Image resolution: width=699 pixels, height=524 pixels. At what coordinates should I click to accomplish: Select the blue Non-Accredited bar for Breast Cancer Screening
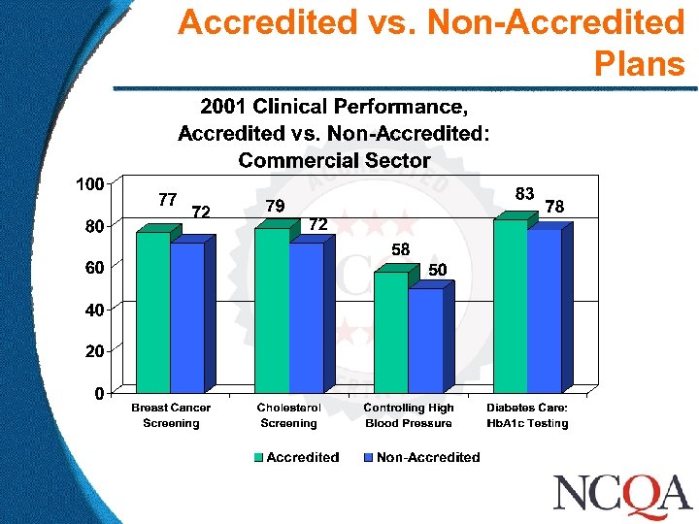tap(186, 317)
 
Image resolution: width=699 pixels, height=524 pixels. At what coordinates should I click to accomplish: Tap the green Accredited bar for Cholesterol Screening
tap(271, 310)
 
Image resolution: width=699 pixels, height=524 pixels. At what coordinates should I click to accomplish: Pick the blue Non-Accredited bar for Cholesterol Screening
tap(306, 317)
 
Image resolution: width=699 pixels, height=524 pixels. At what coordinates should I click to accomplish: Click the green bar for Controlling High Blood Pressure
tap(390, 332)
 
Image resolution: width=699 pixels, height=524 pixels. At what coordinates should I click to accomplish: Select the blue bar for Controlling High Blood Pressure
tap(425, 341)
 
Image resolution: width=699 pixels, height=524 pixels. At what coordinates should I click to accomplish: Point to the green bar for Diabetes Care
tap(510, 306)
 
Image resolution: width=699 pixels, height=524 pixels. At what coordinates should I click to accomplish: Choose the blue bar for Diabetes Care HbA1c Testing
tap(544, 311)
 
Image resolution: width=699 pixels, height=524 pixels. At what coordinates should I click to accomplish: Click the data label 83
tap(524, 194)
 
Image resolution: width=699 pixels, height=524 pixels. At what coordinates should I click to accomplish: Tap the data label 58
tap(401, 250)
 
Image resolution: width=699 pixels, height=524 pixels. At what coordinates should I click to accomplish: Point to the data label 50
tap(438, 270)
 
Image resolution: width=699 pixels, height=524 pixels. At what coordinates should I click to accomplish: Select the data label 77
tap(167, 200)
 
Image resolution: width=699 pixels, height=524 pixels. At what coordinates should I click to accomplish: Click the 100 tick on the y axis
tap(91, 183)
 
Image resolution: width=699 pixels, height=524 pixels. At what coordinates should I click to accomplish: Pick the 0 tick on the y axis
tap(100, 393)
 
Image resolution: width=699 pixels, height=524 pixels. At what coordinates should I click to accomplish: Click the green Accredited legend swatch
tap(259, 457)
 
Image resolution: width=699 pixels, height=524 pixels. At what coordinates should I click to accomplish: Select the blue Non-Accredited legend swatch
tap(369, 457)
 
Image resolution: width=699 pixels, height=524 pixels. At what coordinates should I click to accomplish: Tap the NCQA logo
tap(621, 494)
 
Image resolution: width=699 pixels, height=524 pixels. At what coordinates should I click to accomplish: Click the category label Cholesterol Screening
tap(288, 415)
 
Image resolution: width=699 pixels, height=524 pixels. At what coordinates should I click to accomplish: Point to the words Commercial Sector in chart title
tap(334, 160)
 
